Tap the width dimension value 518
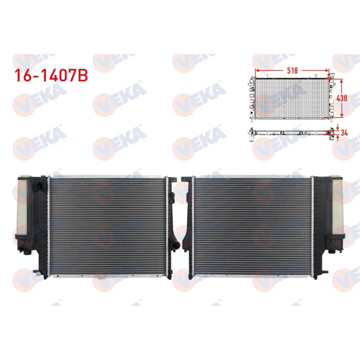click(x=293, y=72)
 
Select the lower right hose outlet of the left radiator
click(x=176, y=246)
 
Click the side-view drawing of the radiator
click(x=291, y=132)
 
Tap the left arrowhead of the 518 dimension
click(x=257, y=72)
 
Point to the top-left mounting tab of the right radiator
click(x=184, y=180)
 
